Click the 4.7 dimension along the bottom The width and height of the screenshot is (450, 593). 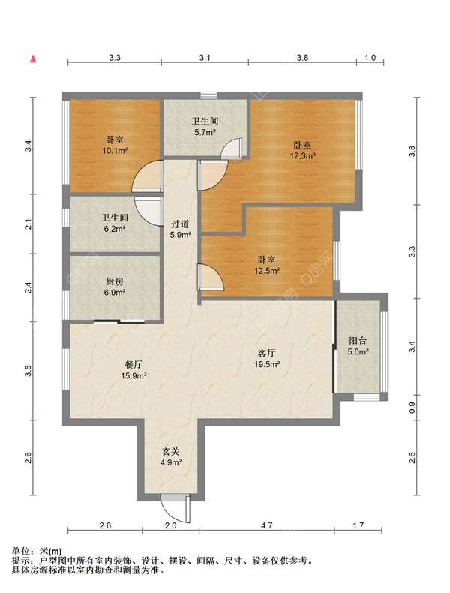coord(266,525)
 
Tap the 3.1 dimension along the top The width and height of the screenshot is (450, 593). coord(205,57)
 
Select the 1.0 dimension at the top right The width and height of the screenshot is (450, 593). coord(370,57)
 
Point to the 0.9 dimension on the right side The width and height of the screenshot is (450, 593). coord(411,408)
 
